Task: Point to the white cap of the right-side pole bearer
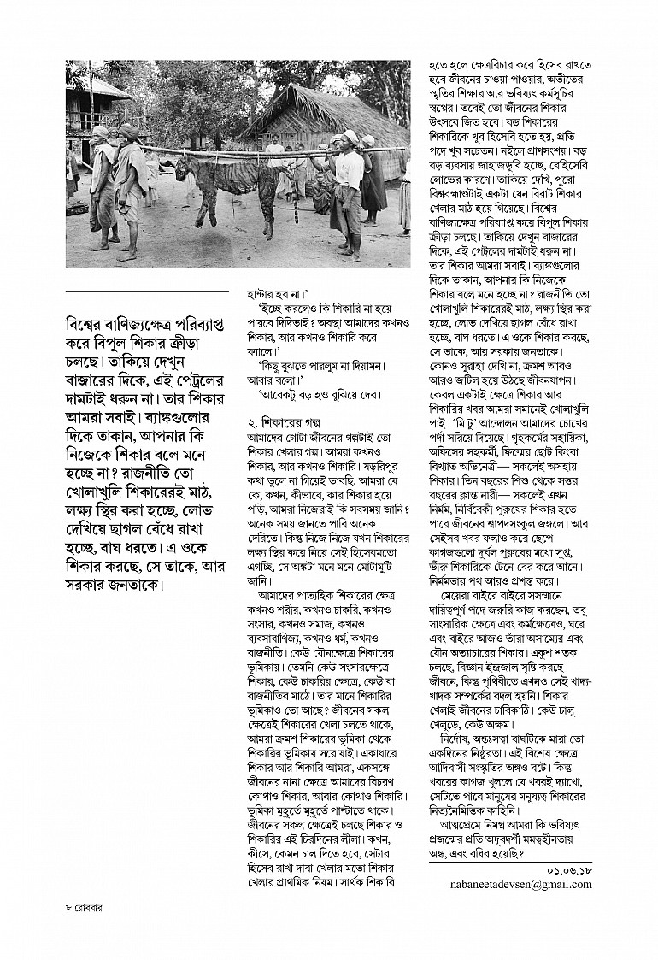(348, 137)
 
